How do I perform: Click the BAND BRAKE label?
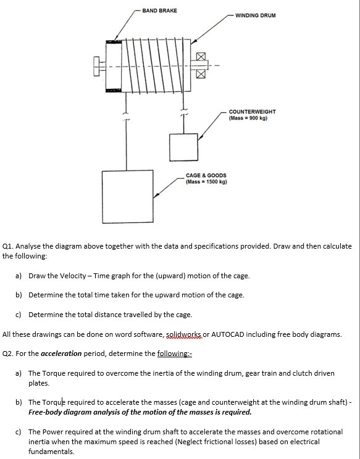pyautogui.click(x=159, y=10)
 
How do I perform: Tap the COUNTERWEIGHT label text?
pyautogui.click(x=252, y=112)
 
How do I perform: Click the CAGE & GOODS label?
pyautogui.click(x=206, y=176)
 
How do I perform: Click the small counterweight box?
pyautogui.click(x=184, y=146)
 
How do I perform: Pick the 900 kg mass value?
pyautogui.click(x=252, y=118)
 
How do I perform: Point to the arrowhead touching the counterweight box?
pyautogui.click(x=198, y=136)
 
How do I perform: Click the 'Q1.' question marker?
pyautogui.click(x=9, y=246)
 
